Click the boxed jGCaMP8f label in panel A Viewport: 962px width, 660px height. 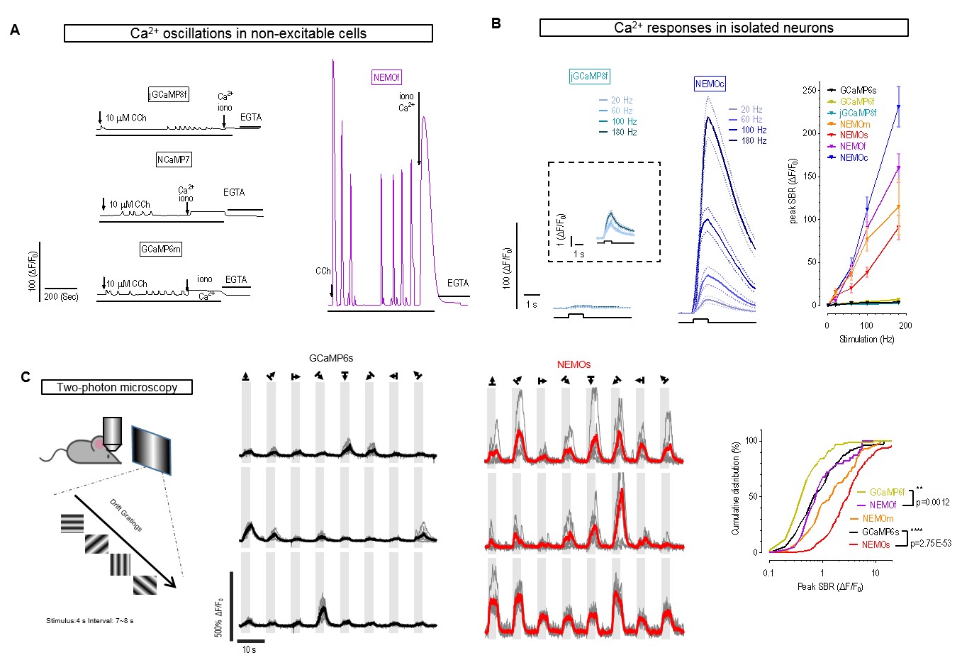point(169,94)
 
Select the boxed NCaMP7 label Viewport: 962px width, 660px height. point(174,160)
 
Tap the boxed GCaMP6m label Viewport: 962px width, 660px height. point(161,249)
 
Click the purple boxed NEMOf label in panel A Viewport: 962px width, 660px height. point(386,77)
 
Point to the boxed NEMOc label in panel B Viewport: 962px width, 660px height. point(710,84)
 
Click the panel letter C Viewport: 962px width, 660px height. point(26,377)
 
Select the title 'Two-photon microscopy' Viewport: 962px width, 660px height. point(117,387)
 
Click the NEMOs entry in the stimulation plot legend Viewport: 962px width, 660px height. point(854,135)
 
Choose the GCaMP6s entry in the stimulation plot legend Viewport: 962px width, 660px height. point(858,90)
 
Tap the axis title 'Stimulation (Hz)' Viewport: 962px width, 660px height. point(866,339)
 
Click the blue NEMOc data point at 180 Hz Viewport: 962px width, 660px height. point(898,107)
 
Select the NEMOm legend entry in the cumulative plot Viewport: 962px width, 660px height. point(878,518)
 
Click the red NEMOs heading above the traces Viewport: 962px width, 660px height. point(574,364)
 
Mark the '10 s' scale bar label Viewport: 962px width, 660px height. point(249,649)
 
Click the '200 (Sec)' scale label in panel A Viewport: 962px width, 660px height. point(61,296)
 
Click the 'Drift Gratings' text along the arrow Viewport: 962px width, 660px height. point(125,515)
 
